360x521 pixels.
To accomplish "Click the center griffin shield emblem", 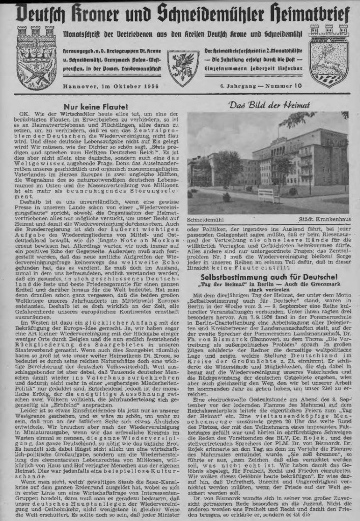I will pyautogui.click(x=183, y=68).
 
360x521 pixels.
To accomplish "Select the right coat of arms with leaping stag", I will pyautogui.click(x=328, y=57).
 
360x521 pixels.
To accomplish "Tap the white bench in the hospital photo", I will pyautogui.click(x=265, y=195).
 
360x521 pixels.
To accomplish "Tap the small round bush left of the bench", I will pyautogui.click(x=226, y=196).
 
